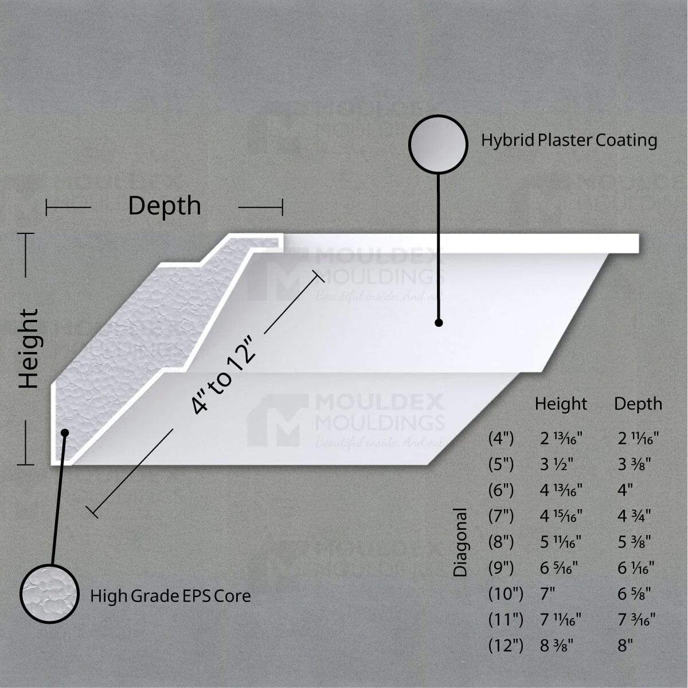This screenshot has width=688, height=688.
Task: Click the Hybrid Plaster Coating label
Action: tap(569, 140)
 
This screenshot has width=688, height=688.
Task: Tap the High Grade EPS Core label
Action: tap(170, 596)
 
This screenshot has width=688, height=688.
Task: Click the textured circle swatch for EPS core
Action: tap(49, 593)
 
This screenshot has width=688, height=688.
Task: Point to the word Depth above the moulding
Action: tap(165, 206)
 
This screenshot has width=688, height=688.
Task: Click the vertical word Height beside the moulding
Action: tap(29, 349)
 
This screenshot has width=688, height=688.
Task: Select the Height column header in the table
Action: tap(561, 404)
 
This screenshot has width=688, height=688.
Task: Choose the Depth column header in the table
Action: tap(638, 404)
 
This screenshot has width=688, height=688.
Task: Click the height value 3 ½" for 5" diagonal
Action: tap(557, 464)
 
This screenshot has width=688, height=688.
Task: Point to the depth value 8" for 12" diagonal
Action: tap(625, 646)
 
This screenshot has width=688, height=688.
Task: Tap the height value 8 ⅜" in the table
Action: tap(557, 646)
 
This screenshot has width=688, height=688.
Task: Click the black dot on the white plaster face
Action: tap(439, 323)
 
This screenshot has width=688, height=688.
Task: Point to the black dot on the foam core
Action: tap(65, 432)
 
